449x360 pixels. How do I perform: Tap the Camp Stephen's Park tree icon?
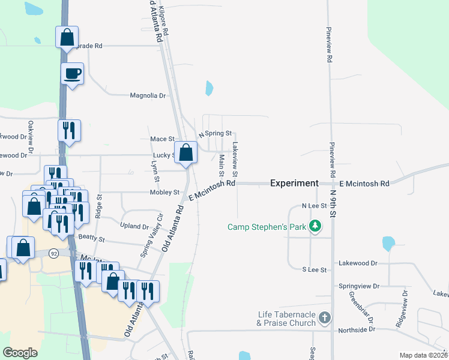pyautogui.click(x=315, y=227)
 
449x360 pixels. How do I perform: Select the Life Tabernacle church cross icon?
pyautogui.click(x=324, y=317)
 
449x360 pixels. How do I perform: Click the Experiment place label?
pyautogui.click(x=294, y=183)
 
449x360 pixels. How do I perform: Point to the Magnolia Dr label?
pyautogui.click(x=148, y=95)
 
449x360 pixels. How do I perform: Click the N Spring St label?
pyautogui.click(x=214, y=133)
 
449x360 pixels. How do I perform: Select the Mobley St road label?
pyautogui.click(x=164, y=193)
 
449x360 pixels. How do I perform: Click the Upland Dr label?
pyautogui.click(x=134, y=227)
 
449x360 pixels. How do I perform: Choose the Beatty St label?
pyautogui.click(x=91, y=239)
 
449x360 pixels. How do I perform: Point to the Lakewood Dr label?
pyautogui.click(x=358, y=263)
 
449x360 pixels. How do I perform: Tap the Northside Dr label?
pyautogui.click(x=355, y=329)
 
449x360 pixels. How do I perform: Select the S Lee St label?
pyautogui.click(x=314, y=270)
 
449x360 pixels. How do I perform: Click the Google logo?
pyautogui.click(x=20, y=353)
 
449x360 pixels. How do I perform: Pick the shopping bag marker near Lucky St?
pyautogui.click(x=186, y=152)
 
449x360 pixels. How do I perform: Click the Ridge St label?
pyautogui.click(x=100, y=206)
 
